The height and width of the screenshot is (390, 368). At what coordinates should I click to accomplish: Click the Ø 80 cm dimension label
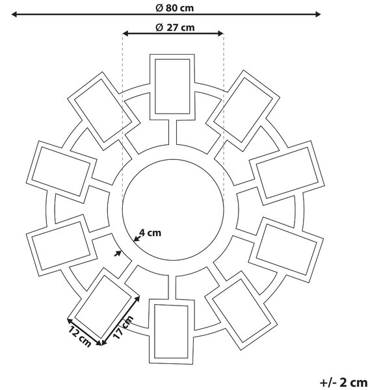coord(175,8)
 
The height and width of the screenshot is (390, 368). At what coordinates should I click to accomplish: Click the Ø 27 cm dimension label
coord(175,27)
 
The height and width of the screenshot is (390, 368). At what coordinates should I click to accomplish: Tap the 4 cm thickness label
coord(150,233)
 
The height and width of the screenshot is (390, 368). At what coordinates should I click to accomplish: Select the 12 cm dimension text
coord(79,337)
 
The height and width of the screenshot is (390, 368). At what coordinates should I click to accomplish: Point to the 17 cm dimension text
coord(123,327)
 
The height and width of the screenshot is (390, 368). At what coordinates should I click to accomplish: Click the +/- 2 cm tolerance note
coord(343,382)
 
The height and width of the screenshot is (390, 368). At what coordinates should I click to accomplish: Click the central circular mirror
coord(173,210)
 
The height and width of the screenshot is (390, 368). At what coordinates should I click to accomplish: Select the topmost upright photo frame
coord(172,87)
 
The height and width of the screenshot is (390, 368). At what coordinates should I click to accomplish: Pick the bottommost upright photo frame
coord(171,331)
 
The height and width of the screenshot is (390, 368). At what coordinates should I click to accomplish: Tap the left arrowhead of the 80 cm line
coord(14,14)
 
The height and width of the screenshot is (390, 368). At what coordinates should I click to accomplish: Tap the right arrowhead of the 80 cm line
coord(317,14)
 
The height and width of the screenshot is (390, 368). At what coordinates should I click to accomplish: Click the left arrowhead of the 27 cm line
coord(126,33)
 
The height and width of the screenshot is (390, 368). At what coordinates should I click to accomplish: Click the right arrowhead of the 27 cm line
coord(220,33)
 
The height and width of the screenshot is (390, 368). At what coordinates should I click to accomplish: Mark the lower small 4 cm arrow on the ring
coord(118,253)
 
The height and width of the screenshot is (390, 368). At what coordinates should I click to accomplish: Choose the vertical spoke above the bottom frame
coord(172,287)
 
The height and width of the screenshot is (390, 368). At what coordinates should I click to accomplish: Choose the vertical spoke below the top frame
coord(173,132)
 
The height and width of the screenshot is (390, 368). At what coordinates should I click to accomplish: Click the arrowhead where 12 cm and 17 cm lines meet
coord(101,343)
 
